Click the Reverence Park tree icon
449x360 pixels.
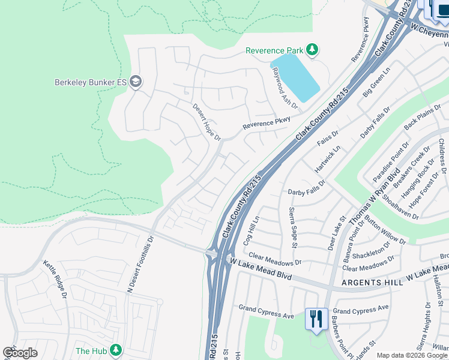pyautogui.click(x=312, y=50)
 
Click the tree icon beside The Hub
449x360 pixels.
pyautogui.click(x=115, y=350)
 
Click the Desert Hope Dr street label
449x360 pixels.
pyautogui.click(x=206, y=122)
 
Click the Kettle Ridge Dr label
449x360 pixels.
pyautogui.click(x=55, y=279)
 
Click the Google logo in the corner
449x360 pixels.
pyautogui.click(x=20, y=353)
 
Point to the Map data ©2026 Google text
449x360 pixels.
pyautogui.click(x=411, y=355)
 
